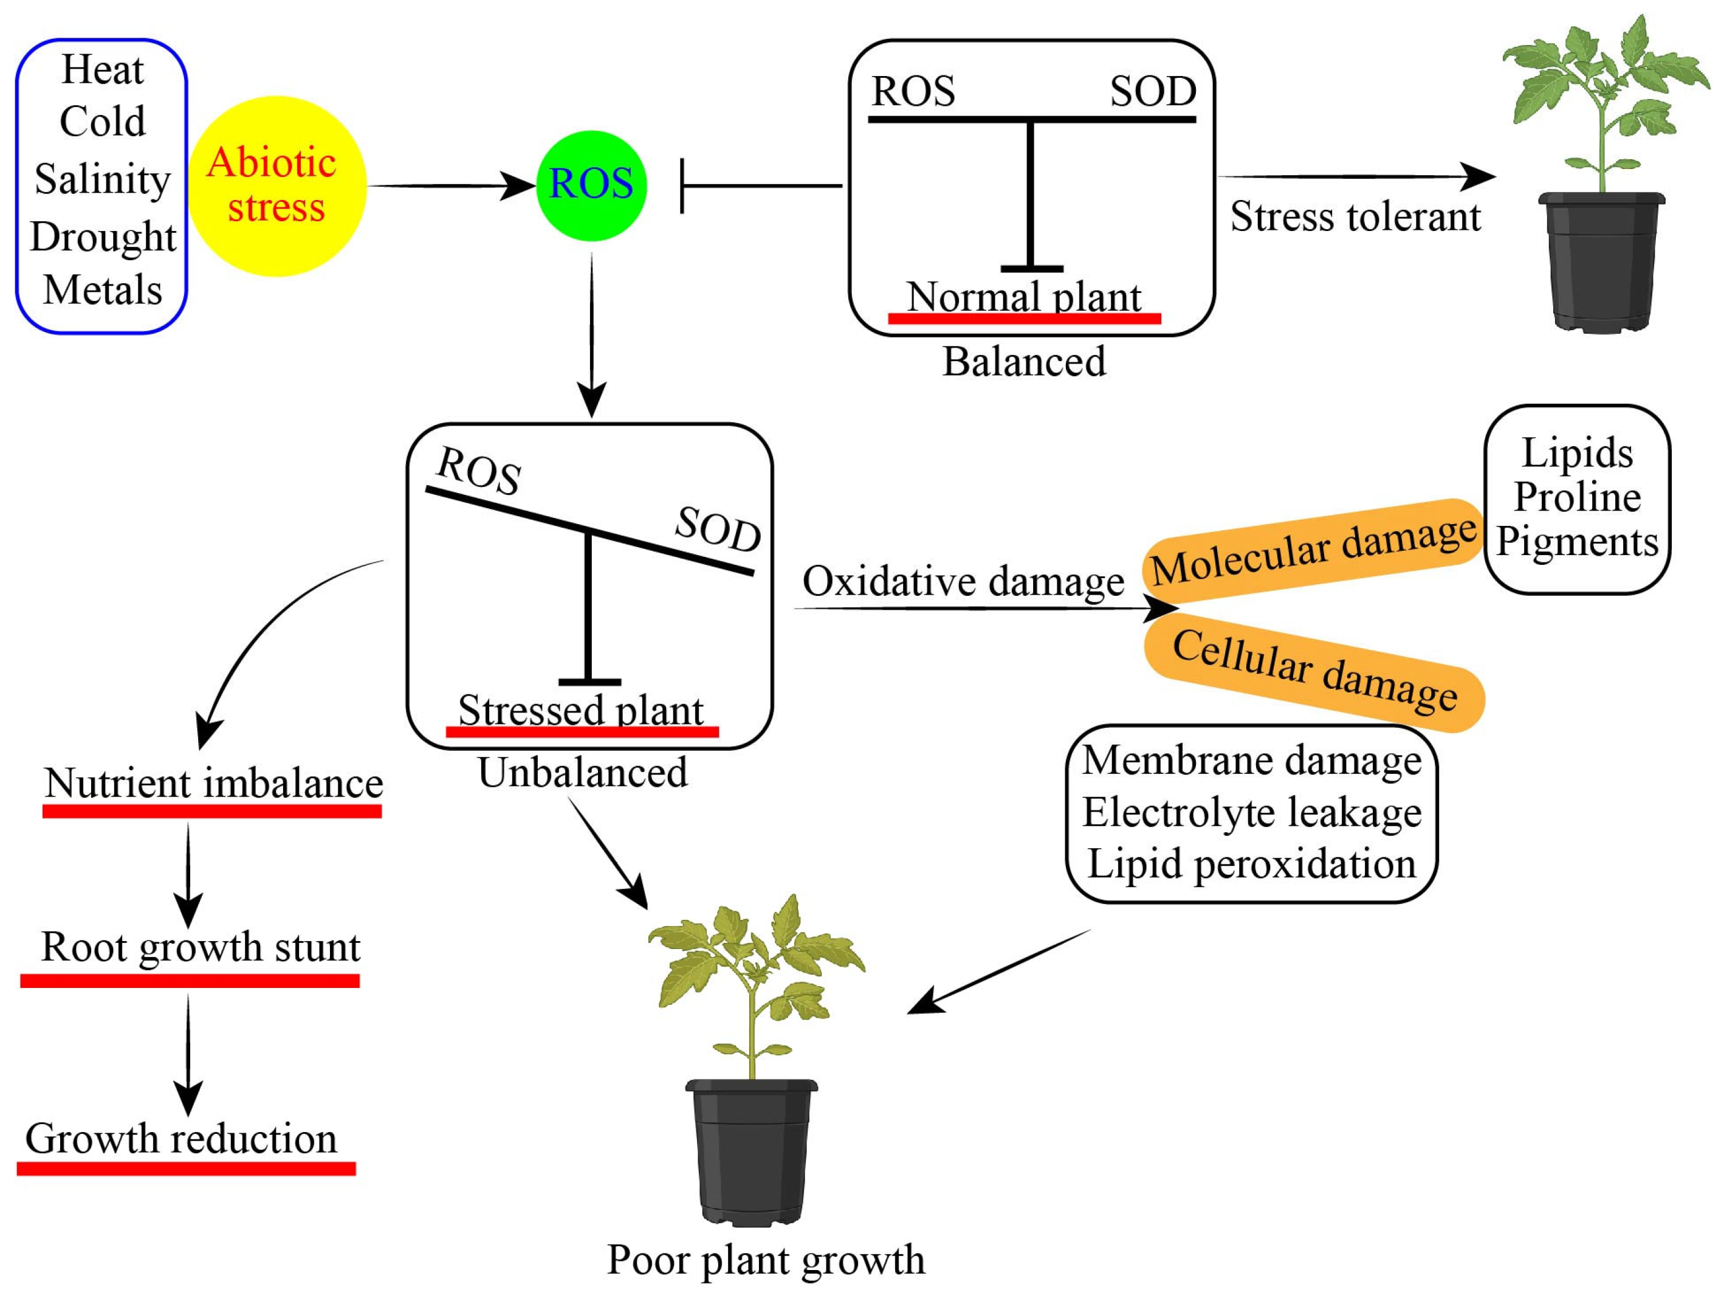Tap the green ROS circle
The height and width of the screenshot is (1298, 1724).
coord(591,185)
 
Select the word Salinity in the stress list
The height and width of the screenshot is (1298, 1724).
coord(102,179)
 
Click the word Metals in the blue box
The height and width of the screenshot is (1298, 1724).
coord(102,290)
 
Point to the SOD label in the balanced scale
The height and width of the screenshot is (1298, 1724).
coord(1153,92)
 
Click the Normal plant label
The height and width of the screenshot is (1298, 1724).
coord(1023,298)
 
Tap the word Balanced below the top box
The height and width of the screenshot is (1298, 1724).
coord(1023,362)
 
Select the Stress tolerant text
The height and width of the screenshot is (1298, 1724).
coord(1355,216)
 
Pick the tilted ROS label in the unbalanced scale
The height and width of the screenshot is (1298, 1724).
coord(478,471)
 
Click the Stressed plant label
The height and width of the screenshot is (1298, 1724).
coord(580,710)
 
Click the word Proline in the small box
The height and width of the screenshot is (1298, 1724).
coord(1577,497)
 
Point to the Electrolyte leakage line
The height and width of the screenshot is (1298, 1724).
coord(1251,812)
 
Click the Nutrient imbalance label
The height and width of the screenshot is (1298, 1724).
coord(213,784)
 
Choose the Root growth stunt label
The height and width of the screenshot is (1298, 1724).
coord(201,947)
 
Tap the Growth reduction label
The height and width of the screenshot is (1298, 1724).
coord(181,1139)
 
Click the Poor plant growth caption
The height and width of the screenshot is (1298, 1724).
coord(765,1260)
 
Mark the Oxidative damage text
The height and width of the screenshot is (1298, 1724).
coord(963,582)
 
